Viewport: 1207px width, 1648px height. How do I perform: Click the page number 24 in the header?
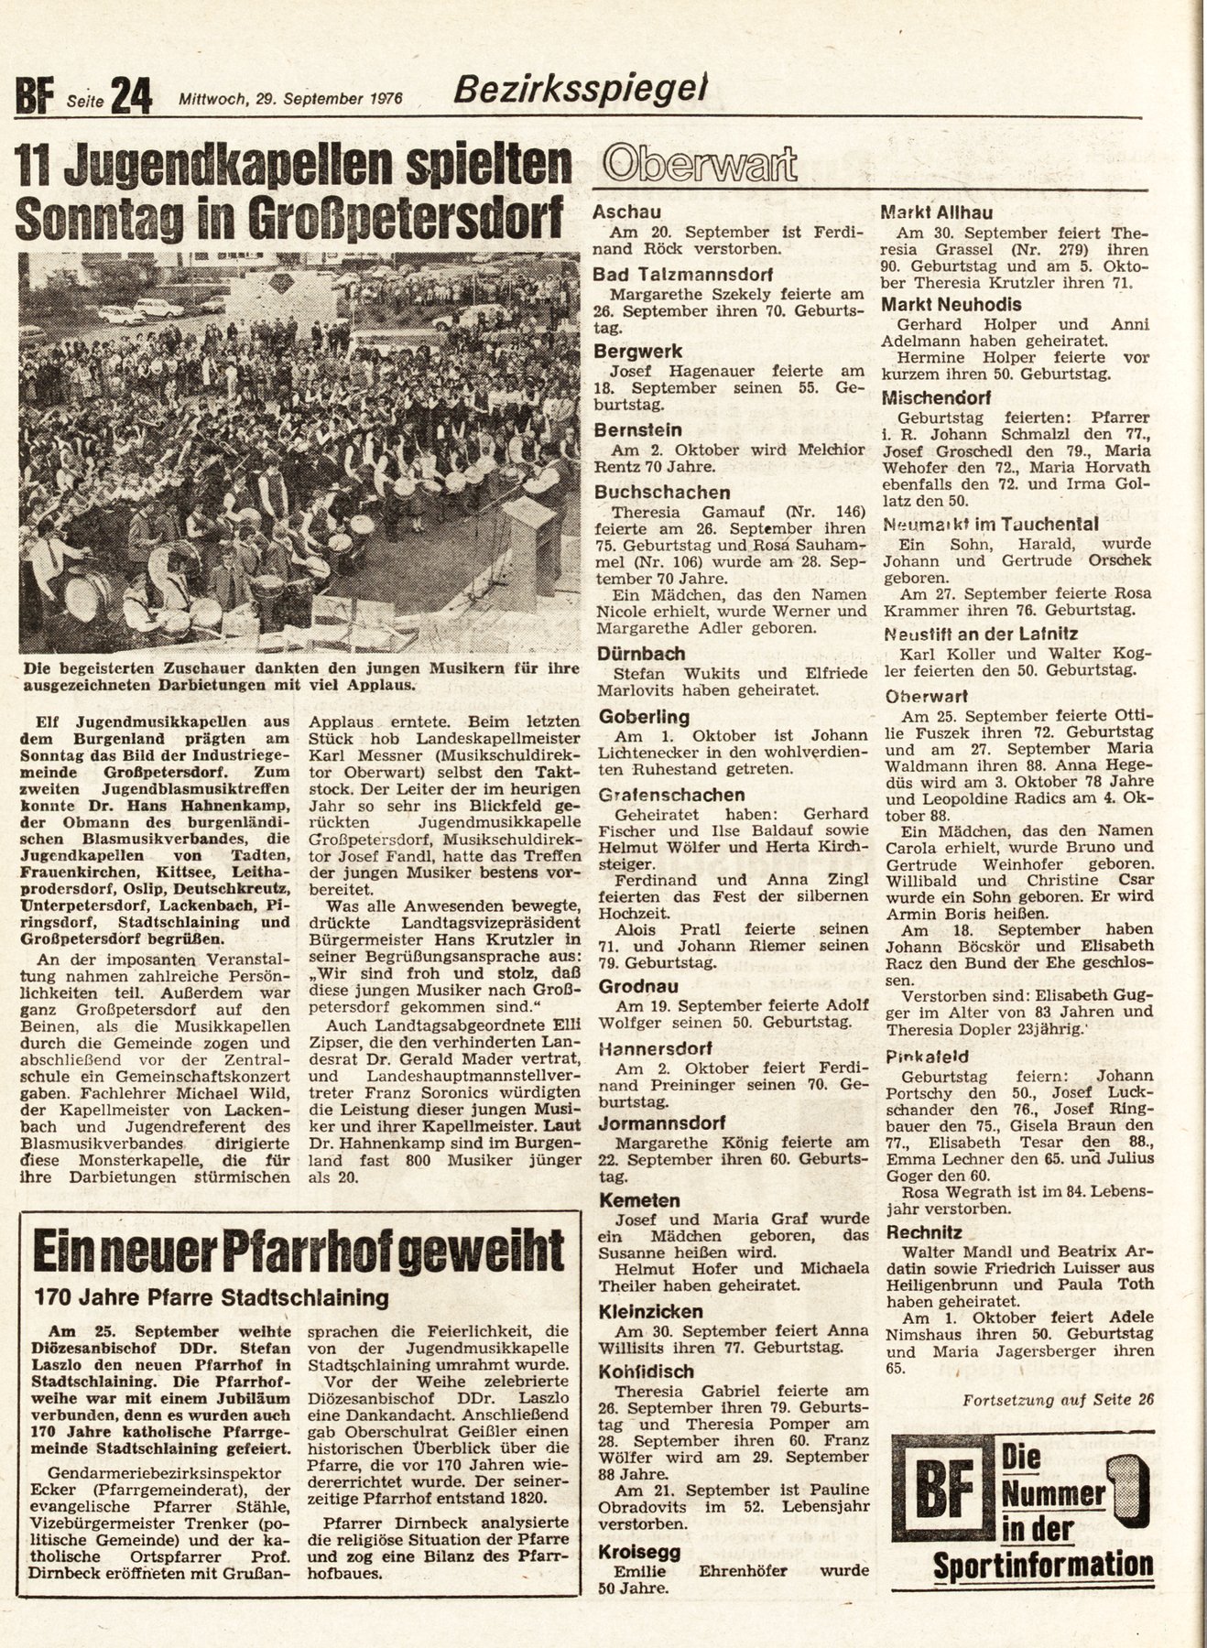pyautogui.click(x=131, y=94)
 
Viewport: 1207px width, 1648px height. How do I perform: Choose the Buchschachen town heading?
pyautogui.click(x=662, y=493)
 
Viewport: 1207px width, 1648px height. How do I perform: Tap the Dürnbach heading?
pyautogui.click(x=641, y=654)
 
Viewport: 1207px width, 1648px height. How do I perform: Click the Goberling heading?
pyautogui.click(x=644, y=717)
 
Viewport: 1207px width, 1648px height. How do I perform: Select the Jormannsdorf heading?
pyautogui.click(x=662, y=1122)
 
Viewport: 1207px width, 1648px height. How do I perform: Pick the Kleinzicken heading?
pyautogui.click(x=650, y=1311)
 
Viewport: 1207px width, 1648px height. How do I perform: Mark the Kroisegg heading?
pyautogui.click(x=637, y=1552)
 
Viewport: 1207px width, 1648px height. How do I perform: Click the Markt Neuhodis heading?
pyautogui.click(x=951, y=305)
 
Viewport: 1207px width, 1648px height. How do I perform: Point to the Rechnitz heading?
pyautogui.click(x=923, y=1232)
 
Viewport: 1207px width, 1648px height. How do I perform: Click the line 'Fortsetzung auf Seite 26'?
pyautogui.click(x=1059, y=1399)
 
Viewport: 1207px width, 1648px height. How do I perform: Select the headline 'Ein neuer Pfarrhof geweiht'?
pyautogui.click(x=298, y=1250)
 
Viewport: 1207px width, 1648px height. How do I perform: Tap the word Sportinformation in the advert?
pyautogui.click(x=1042, y=1566)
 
